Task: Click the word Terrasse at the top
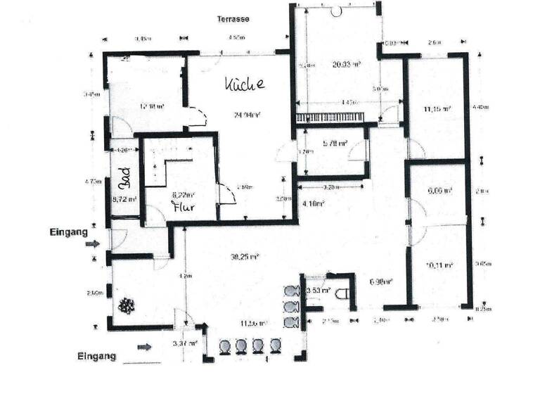click(x=233, y=19)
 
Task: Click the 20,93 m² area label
click(x=346, y=64)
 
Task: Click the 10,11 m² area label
click(x=439, y=265)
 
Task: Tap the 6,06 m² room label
click(x=439, y=190)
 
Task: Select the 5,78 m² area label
click(x=335, y=144)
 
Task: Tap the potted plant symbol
click(x=127, y=306)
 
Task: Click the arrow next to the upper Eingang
click(x=92, y=244)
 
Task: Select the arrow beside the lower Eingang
click(x=144, y=346)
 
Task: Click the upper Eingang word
click(x=68, y=230)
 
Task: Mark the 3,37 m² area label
click(x=185, y=343)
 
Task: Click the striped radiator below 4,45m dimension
click(x=330, y=117)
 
